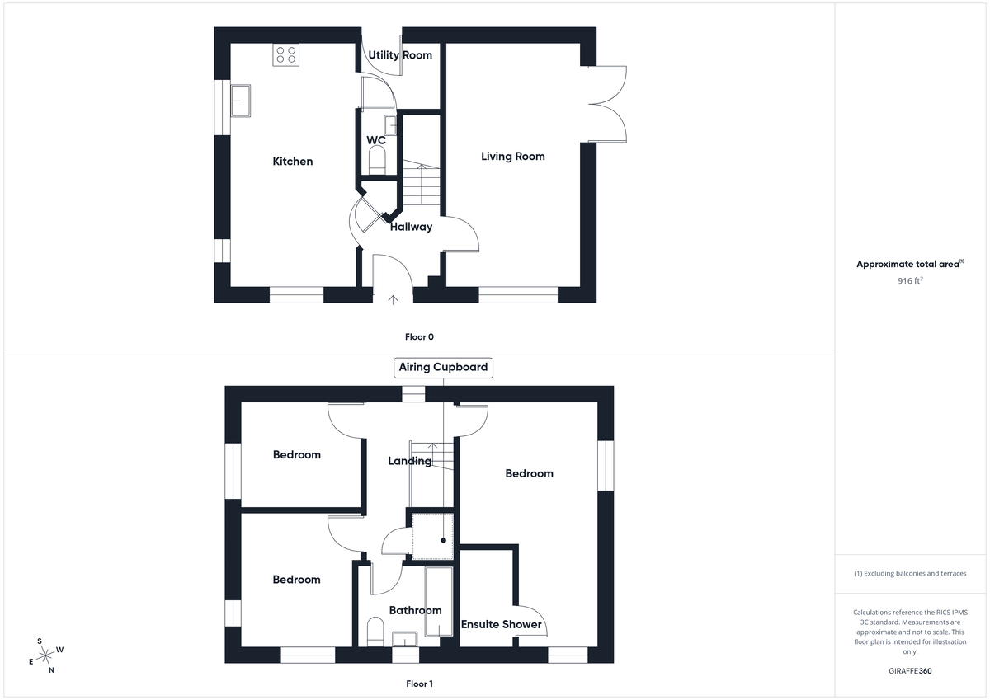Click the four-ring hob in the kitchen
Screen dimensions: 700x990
point(287,54)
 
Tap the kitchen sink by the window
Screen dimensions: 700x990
point(242,101)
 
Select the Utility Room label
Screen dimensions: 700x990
point(400,55)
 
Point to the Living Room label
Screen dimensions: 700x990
point(513,156)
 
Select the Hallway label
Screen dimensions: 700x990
point(411,227)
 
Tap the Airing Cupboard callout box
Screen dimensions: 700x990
point(444,367)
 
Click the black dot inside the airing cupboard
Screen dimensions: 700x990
point(444,541)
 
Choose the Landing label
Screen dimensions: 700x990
point(410,461)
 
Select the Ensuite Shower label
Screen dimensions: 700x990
point(502,624)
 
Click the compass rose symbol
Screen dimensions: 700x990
point(46,655)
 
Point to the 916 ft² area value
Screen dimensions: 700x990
point(910,280)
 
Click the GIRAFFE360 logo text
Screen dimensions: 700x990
point(910,671)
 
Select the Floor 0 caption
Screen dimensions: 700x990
point(419,336)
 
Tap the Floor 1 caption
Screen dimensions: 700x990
point(419,684)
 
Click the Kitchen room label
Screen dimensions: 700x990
point(293,162)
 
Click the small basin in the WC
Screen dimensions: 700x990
point(391,124)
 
